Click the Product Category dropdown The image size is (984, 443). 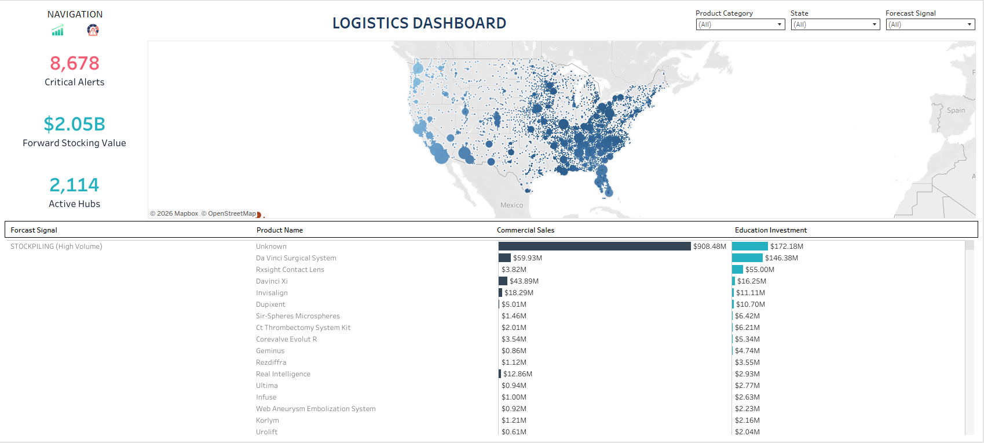tap(740, 24)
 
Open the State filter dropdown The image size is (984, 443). tap(835, 24)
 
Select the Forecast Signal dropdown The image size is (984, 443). tap(930, 24)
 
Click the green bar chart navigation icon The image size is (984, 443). tap(57, 30)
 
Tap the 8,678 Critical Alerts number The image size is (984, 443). tap(75, 63)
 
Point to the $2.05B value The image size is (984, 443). tap(75, 124)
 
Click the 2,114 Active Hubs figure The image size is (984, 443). tap(75, 185)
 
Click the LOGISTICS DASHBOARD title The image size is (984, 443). tap(419, 23)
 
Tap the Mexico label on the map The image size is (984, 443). tap(511, 205)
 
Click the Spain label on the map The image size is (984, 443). tap(956, 111)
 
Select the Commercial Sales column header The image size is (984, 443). tap(525, 230)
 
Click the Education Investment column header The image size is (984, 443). tap(770, 230)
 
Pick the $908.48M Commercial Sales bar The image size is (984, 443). tap(594, 246)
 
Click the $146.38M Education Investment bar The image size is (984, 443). tap(747, 258)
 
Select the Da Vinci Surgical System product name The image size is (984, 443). tap(296, 258)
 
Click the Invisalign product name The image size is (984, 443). tap(272, 293)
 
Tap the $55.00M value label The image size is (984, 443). tap(759, 270)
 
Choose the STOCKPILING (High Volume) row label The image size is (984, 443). tap(56, 246)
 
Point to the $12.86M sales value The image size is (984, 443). tap(517, 374)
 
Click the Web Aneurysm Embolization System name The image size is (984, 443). tap(316, 409)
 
